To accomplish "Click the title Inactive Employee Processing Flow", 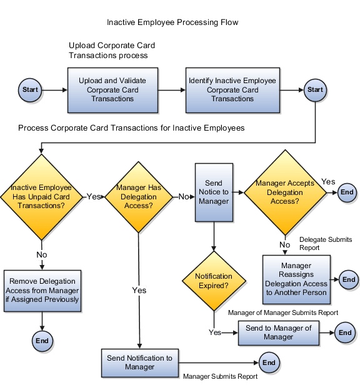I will [172, 22].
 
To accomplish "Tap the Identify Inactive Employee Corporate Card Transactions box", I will [232, 90].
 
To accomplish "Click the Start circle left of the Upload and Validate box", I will [30, 90].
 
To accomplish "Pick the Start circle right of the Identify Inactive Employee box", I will [315, 90].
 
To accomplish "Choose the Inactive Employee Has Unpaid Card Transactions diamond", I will [41, 196].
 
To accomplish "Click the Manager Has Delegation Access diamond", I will [139, 196].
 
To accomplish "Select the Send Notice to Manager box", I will [214, 192].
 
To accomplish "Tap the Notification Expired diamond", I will [214, 281].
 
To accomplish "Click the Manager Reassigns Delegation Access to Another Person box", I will [296, 279].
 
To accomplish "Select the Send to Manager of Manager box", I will [278, 333].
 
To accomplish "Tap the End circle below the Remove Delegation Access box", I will [42, 341].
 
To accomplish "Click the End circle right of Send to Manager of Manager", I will [345, 333].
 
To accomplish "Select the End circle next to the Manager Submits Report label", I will [269, 362].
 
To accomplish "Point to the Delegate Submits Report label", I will [325, 243].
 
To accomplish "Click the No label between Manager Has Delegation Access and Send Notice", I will [184, 196].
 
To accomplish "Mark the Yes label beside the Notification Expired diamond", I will [214, 332].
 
